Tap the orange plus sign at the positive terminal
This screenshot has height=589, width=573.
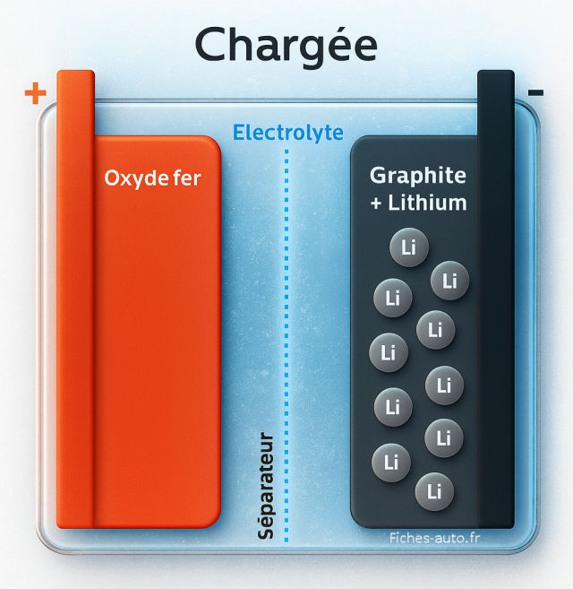(35, 93)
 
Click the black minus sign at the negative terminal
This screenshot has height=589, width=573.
(536, 92)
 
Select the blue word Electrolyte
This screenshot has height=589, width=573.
(287, 133)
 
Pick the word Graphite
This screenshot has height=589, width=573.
(418, 176)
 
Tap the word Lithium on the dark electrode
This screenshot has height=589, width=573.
(428, 203)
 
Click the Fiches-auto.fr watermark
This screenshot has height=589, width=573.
(433, 537)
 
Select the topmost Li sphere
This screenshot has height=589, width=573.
(409, 248)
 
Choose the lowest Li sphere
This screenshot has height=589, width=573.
(435, 490)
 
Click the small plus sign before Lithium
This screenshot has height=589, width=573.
(376, 204)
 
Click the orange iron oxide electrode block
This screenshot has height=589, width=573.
(157, 359)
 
